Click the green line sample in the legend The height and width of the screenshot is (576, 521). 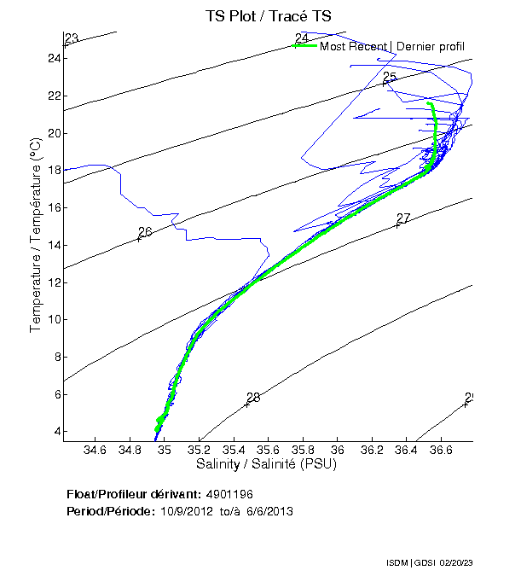point(304,45)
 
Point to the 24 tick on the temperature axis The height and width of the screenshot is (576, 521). point(54,58)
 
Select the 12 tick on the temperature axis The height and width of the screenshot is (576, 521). point(54,282)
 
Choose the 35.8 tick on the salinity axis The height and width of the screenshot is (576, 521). point(304,450)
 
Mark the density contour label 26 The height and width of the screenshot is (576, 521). point(145,232)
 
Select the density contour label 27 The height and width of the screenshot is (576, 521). point(403,218)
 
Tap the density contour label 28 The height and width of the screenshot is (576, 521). point(252,398)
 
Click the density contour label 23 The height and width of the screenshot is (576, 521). point(72,38)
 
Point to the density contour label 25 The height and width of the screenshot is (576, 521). point(390,78)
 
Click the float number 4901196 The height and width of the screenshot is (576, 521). point(229,494)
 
